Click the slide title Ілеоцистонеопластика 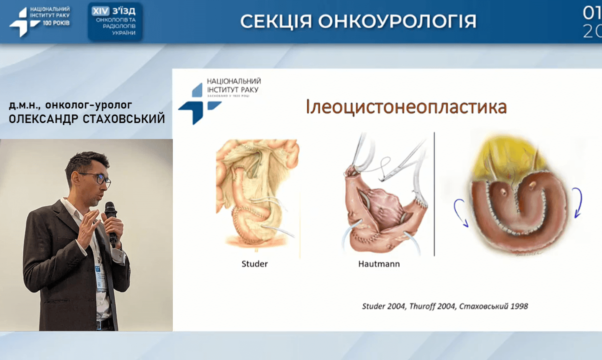406,107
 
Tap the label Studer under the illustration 254,263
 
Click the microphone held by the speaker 111,215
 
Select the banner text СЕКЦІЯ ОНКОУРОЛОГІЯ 358,21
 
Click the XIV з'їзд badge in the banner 115,21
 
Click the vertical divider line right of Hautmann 434,195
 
